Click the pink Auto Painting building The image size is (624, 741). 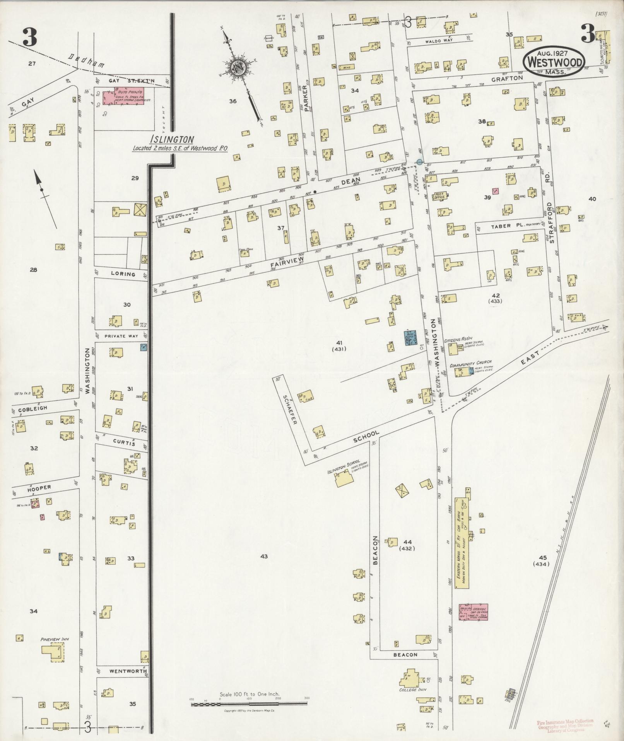click(123, 96)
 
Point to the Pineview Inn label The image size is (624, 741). click(55, 639)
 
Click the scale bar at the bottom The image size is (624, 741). click(249, 704)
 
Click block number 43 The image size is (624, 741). click(264, 557)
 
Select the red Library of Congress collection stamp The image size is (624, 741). click(565, 724)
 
